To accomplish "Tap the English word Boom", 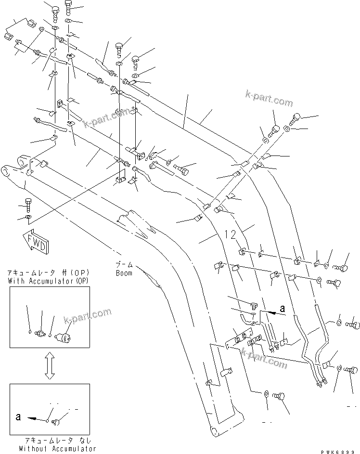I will [124, 272].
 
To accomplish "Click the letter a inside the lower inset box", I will [18, 416].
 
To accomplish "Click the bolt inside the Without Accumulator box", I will [57, 422].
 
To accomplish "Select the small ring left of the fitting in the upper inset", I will [31, 331].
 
